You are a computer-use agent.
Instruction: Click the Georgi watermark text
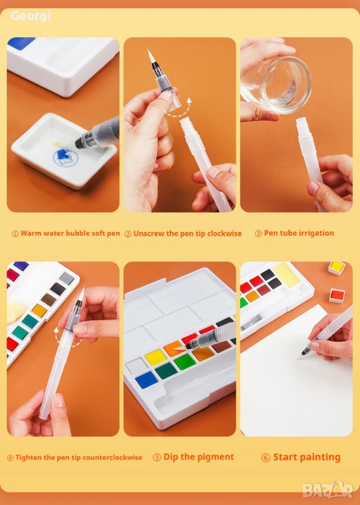[31, 15]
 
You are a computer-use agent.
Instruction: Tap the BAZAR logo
[328, 490]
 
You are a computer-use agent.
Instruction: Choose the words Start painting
[306, 457]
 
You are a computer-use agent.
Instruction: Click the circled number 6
[266, 458]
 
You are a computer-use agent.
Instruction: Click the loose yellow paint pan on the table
[336, 268]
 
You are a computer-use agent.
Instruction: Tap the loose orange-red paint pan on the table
[337, 296]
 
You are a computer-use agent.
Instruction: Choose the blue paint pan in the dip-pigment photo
[146, 380]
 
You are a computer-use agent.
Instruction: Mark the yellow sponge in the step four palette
[16, 310]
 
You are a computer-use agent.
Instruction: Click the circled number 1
[15, 234]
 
